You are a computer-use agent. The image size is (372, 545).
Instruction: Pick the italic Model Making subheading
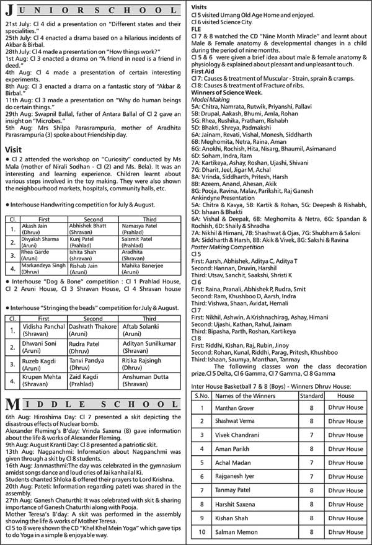(x=210, y=99)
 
